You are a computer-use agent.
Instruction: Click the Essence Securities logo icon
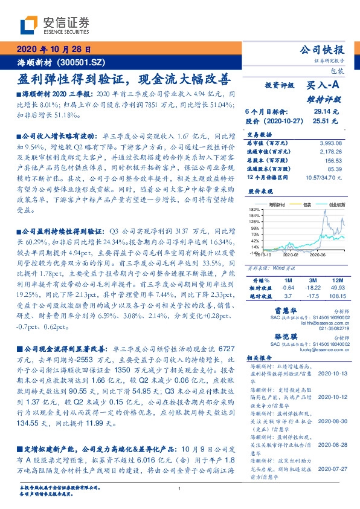(x=30, y=25)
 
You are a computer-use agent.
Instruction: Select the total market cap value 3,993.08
(x=330, y=142)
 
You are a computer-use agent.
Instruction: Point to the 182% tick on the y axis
(x=253, y=209)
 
